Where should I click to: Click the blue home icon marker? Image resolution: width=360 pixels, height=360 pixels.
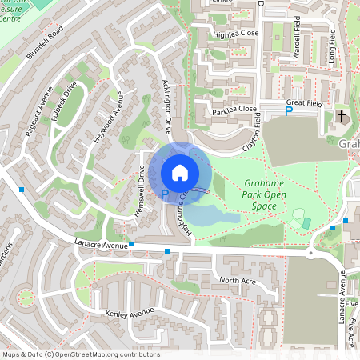tap(180, 172)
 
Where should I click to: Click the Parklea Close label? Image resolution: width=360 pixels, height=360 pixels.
tap(235, 110)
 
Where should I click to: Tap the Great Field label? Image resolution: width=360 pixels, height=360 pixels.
tap(304, 102)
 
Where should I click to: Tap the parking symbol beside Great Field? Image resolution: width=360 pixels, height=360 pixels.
tap(289, 112)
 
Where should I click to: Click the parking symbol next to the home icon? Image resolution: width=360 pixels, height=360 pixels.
tap(165, 194)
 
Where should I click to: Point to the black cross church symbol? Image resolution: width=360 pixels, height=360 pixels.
tap(342, 116)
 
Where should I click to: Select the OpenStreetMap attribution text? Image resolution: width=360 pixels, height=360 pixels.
tap(80, 354)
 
